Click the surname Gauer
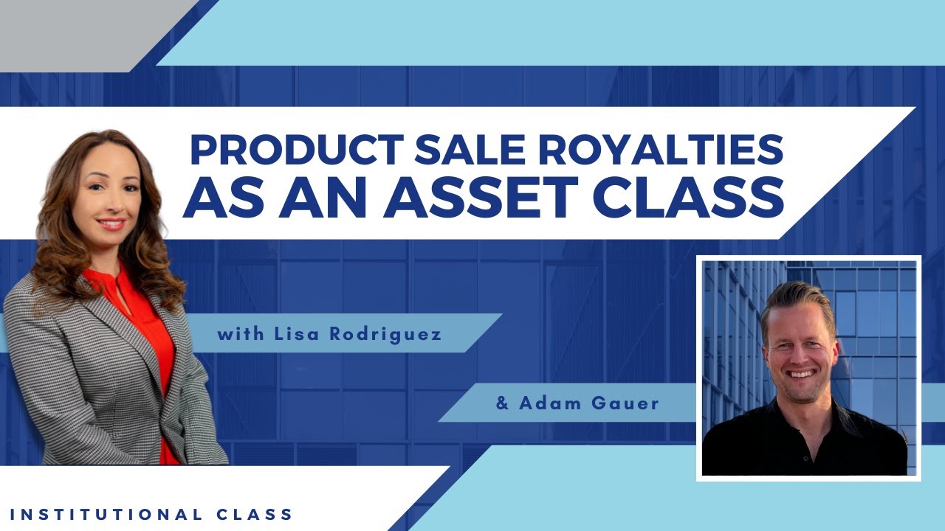[x=627, y=403]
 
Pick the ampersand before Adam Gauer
[x=503, y=403]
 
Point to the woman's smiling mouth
[x=111, y=223]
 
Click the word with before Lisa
[x=235, y=334]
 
